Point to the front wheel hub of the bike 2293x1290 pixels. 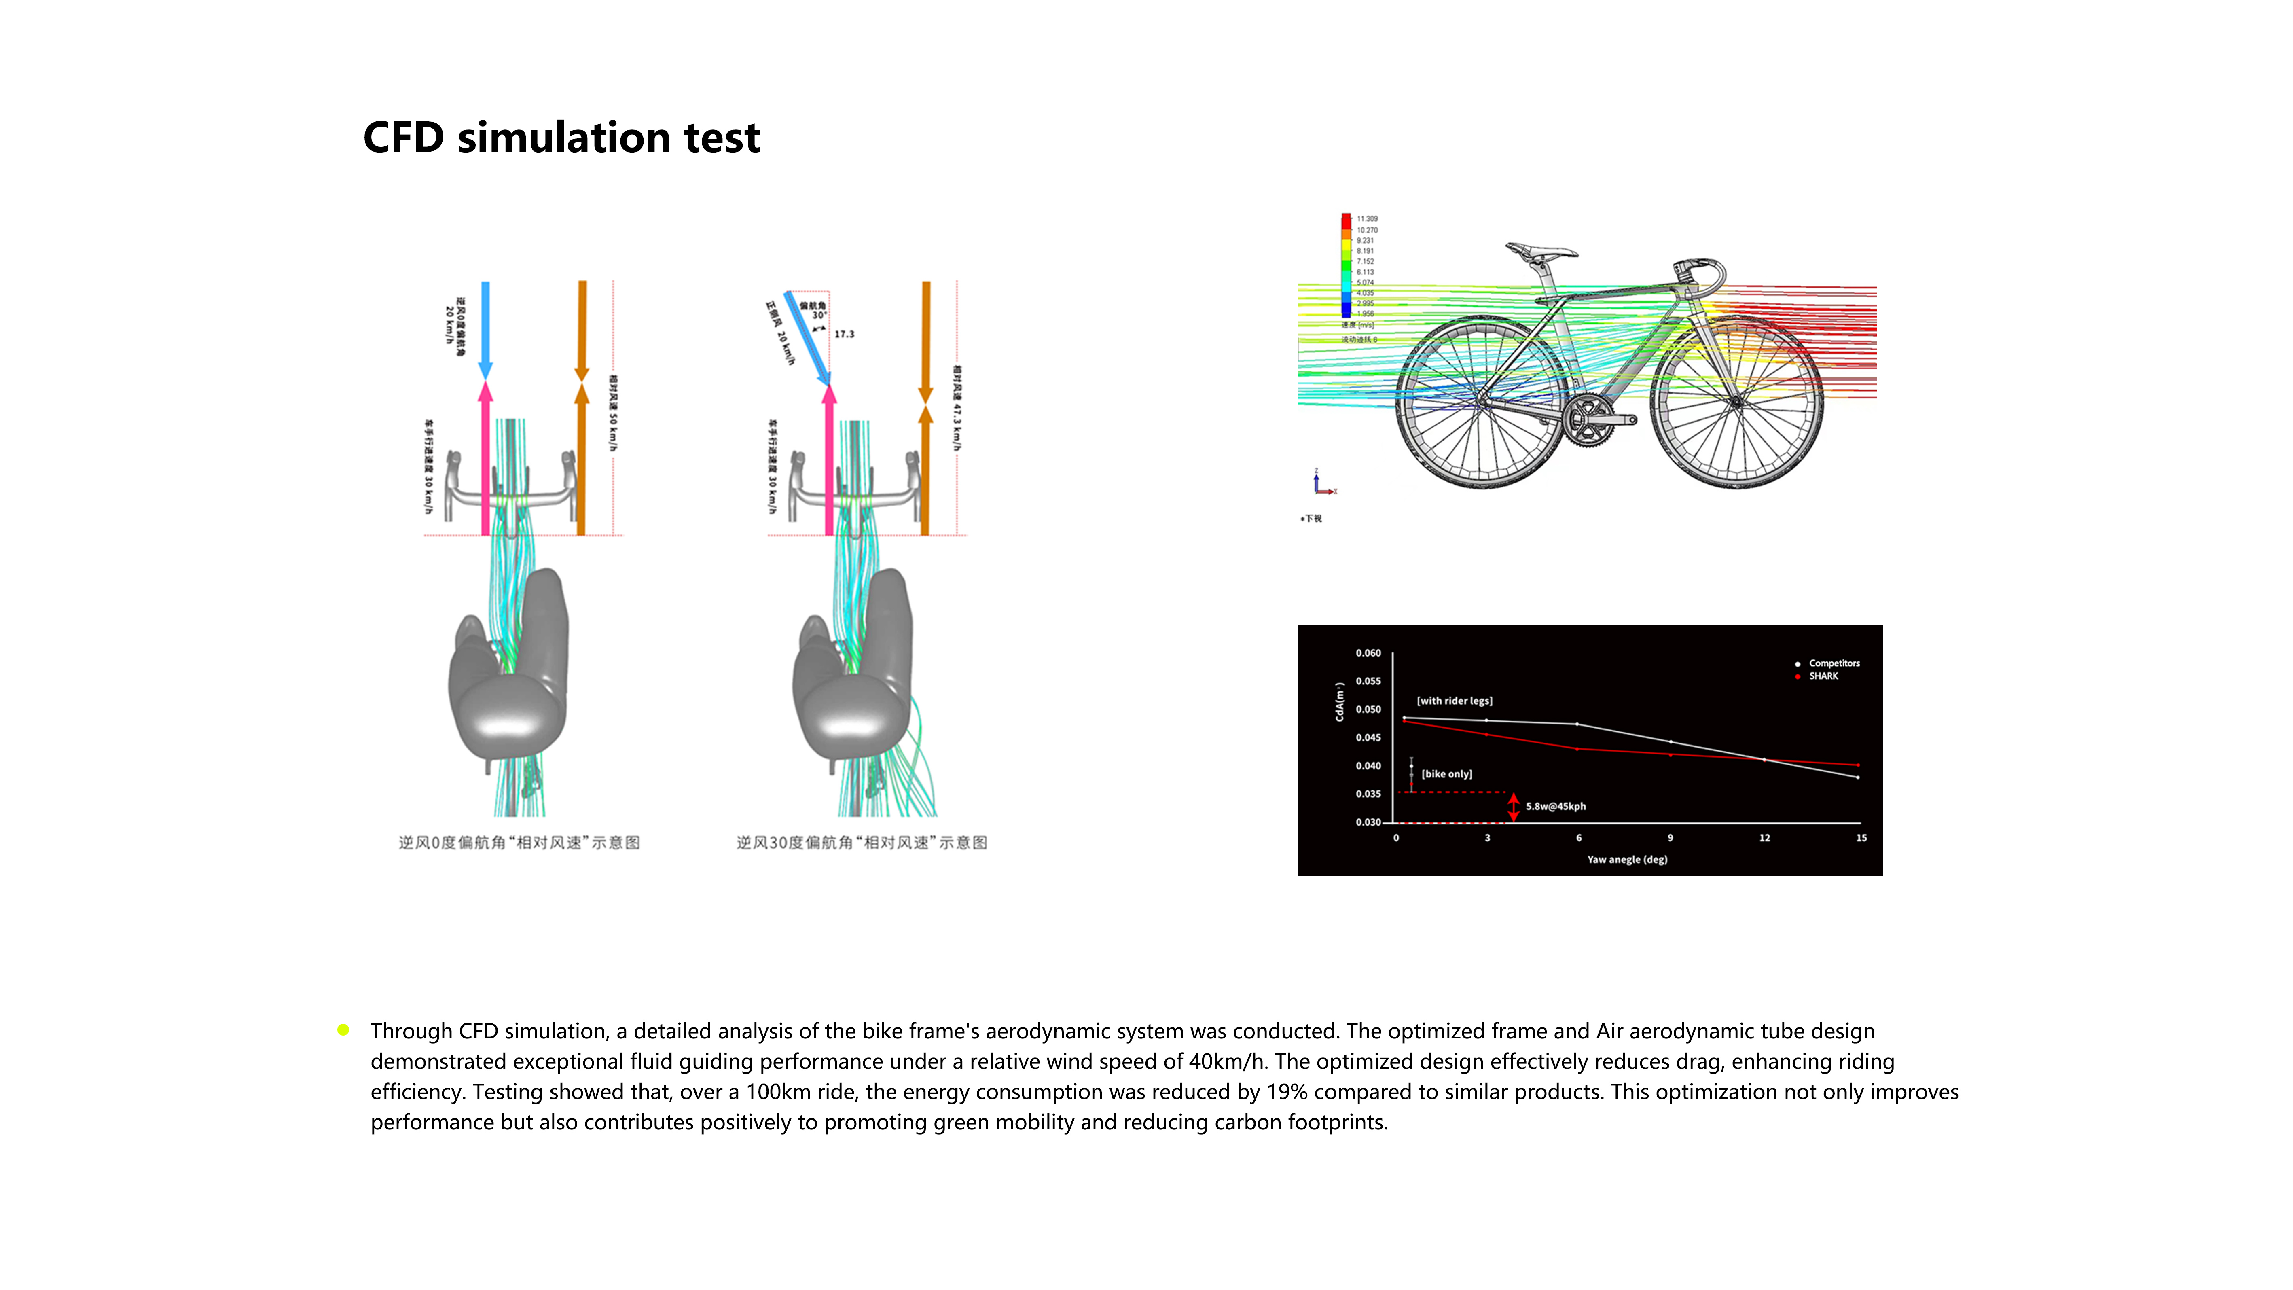[1736, 402]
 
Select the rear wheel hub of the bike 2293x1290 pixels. [1482, 402]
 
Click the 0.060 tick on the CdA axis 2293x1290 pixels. [1368, 653]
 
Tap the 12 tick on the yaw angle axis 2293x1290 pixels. [1764, 838]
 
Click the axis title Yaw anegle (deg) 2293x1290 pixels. [1627, 860]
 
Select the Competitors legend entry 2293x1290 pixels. [1834, 663]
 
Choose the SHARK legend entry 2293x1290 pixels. [1823, 677]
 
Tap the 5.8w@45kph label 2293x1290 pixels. [1556, 807]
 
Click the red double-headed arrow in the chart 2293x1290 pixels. [1513, 807]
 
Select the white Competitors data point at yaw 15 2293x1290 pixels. [1858, 777]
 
